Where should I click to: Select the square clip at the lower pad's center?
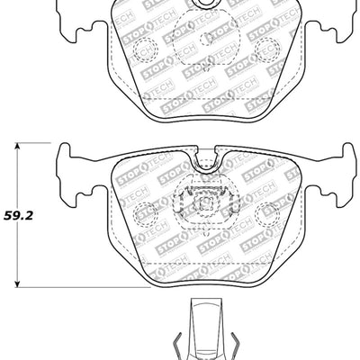click(x=206, y=202)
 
